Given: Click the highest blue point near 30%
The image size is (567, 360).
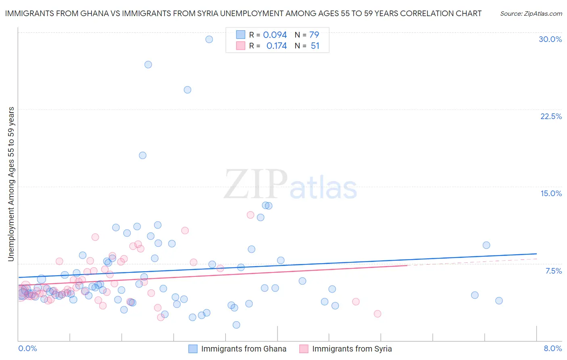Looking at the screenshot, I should pyautogui.click(x=209, y=39).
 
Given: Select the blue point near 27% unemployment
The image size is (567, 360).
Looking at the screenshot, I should pyautogui.click(x=148, y=65).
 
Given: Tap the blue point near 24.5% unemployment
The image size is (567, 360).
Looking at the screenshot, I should pyautogui.click(x=188, y=90).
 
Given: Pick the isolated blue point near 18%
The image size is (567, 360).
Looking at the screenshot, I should pyautogui.click(x=142, y=155).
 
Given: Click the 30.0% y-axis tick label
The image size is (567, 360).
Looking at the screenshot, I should pyautogui.click(x=550, y=39).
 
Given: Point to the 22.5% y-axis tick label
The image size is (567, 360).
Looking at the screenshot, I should pyautogui.click(x=551, y=116).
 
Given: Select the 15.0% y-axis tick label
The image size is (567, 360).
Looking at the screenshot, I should pyautogui.click(x=551, y=193).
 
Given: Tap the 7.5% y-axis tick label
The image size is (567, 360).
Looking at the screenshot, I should pyautogui.click(x=553, y=271).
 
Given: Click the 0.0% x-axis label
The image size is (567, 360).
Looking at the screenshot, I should pyautogui.click(x=27, y=348).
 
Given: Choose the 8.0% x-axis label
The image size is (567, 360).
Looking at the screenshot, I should pyautogui.click(x=552, y=348).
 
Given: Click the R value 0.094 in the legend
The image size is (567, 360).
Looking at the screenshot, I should pyautogui.click(x=275, y=35).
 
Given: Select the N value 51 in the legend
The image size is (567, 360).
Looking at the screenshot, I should pyautogui.click(x=315, y=46).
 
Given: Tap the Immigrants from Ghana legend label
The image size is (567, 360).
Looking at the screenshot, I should pyautogui.click(x=244, y=349).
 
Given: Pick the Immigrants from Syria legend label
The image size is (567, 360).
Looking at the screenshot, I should pyautogui.click(x=352, y=349).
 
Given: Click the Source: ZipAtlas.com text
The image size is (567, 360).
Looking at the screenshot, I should pyautogui.click(x=531, y=14).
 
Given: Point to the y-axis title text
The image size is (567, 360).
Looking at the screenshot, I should pyautogui.click(x=11, y=184).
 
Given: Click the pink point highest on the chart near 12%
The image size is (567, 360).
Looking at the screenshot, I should pyautogui.click(x=250, y=215).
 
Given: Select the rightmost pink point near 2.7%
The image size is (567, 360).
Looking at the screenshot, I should pyautogui.click(x=377, y=314).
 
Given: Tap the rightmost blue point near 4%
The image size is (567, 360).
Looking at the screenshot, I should pyautogui.click(x=499, y=300).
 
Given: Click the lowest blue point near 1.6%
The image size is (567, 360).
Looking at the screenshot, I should pyautogui.click(x=236, y=325).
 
